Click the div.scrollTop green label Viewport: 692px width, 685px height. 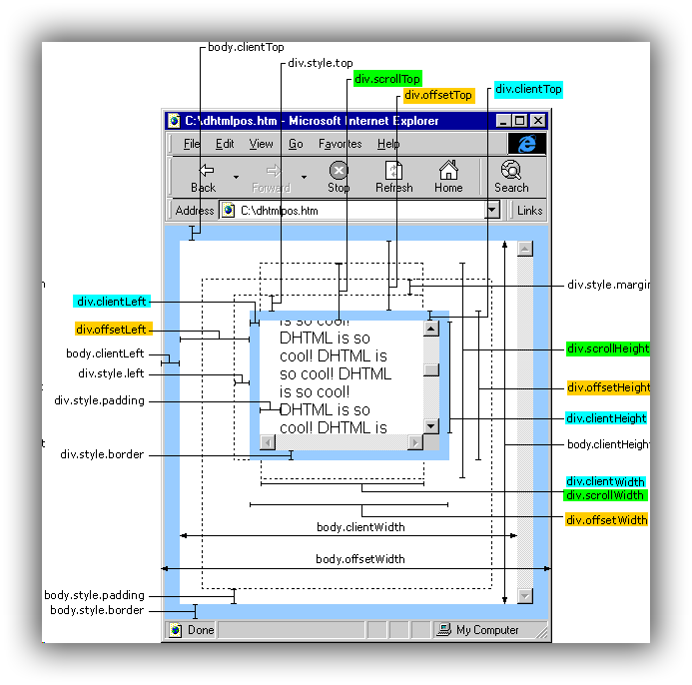click(x=386, y=79)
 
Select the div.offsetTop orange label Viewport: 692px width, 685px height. click(x=438, y=96)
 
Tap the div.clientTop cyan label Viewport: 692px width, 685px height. click(x=528, y=90)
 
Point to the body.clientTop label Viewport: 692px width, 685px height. click(x=246, y=47)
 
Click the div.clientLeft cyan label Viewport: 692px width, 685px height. click(x=112, y=302)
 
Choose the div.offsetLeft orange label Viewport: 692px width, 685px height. click(x=112, y=330)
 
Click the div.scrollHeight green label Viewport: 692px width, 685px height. click(x=607, y=349)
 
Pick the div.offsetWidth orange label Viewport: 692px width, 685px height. click(x=606, y=520)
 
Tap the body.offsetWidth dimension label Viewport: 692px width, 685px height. click(x=360, y=559)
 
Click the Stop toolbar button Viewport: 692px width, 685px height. click(x=339, y=177)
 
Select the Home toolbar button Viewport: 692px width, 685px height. click(x=448, y=177)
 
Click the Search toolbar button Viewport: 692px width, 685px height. click(x=511, y=177)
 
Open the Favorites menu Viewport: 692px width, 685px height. click(x=340, y=144)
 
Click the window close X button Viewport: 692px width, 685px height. click(x=538, y=121)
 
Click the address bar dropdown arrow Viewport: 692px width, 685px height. click(x=492, y=211)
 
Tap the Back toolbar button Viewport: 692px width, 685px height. click(x=204, y=177)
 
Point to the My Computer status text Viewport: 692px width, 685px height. click(x=487, y=630)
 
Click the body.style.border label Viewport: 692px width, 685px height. click(x=97, y=610)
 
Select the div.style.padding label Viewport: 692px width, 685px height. click(x=100, y=401)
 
